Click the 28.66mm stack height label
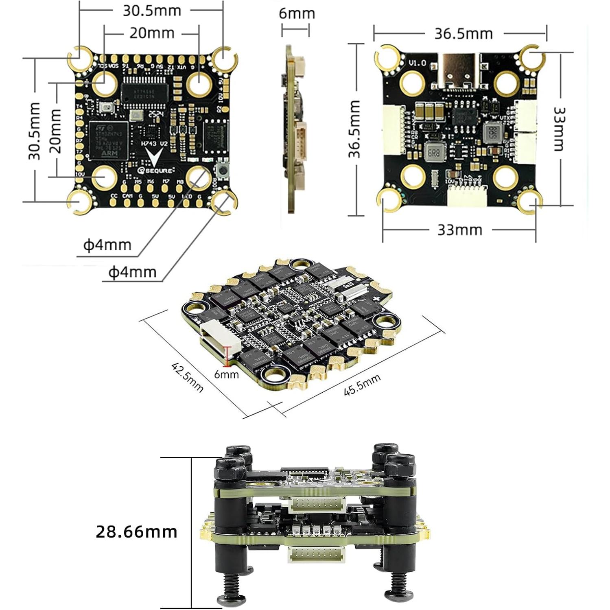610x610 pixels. pos(136,532)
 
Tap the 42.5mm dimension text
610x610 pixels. pos(187,377)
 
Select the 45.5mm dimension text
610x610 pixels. pos(362,385)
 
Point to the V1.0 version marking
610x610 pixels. pos(417,63)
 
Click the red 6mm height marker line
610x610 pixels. pos(227,354)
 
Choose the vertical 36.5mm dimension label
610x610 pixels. pos(354,129)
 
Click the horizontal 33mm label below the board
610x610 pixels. pos(459,230)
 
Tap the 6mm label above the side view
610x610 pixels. pos(297,13)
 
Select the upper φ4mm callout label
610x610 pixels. pos(107,245)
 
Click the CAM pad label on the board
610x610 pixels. pos(127,196)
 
